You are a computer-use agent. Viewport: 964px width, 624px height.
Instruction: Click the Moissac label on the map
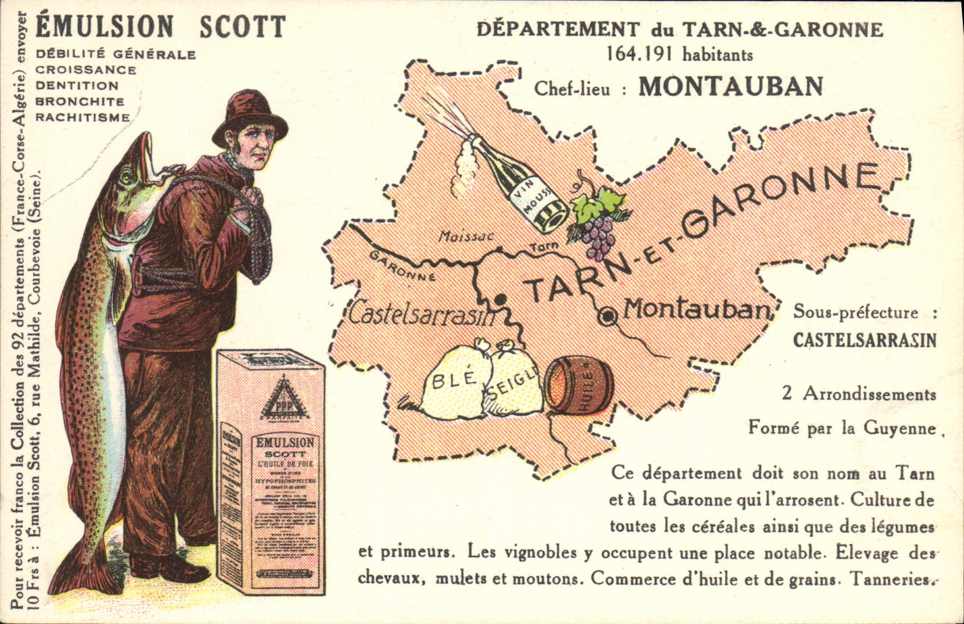466,237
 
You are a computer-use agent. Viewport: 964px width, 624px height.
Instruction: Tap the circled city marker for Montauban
608,317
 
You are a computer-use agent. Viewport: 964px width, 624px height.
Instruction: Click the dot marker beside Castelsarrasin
501,299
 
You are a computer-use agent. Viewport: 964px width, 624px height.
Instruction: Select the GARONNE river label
402,266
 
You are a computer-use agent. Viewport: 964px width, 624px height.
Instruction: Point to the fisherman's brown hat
249,117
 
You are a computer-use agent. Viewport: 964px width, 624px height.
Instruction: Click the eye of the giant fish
125,177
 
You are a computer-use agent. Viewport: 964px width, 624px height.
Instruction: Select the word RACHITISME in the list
83,117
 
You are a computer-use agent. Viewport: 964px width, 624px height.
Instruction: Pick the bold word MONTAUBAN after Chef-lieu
731,87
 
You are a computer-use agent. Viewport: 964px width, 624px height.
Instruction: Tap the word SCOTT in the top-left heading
242,26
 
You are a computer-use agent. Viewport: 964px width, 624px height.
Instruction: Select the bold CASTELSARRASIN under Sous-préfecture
864,340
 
